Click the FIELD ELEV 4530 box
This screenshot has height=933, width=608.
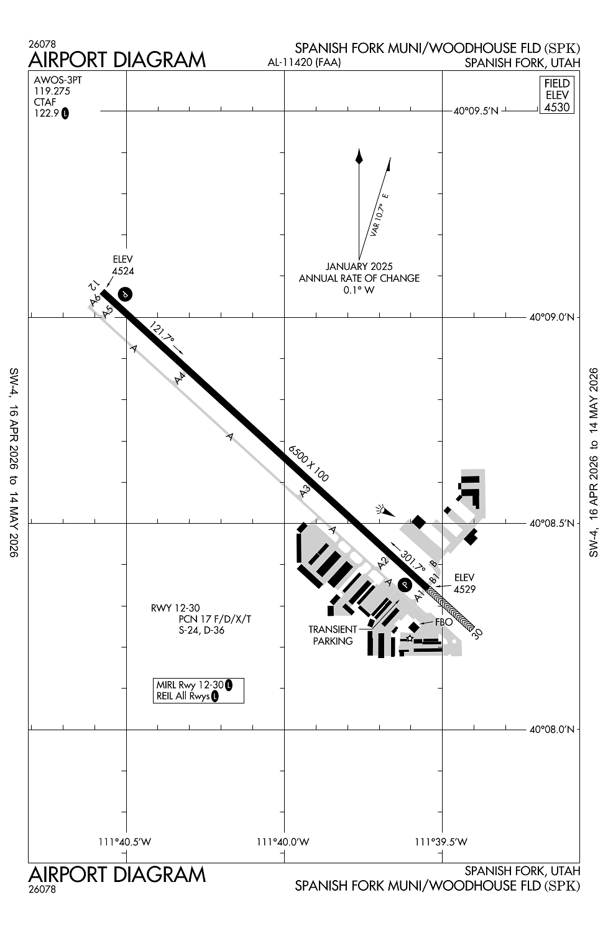click(556, 95)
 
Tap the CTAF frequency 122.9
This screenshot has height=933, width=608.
click(47, 113)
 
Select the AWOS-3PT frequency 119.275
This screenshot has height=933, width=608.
click(52, 91)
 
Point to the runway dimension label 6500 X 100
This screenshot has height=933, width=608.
click(308, 463)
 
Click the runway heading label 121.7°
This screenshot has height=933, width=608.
click(162, 335)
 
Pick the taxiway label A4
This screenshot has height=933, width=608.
click(180, 378)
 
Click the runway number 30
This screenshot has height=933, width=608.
click(477, 633)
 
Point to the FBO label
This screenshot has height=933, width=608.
click(443, 622)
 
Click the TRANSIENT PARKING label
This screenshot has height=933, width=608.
click(333, 635)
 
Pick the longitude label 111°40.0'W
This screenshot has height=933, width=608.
click(283, 842)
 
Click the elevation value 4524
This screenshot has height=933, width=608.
click(123, 271)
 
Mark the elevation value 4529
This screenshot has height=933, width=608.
click(464, 589)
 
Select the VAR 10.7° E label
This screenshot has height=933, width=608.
click(379, 215)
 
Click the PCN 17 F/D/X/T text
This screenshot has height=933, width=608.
click(215, 620)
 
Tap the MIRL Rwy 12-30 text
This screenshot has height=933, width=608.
click(190, 685)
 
